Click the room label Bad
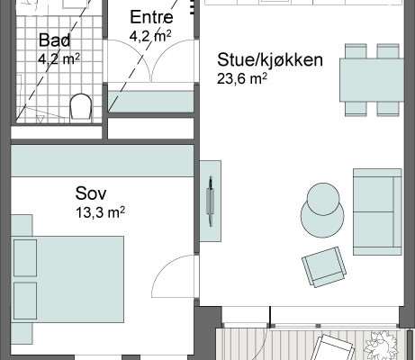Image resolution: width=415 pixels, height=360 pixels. pos(55,40)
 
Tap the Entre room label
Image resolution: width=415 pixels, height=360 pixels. pos(151,17)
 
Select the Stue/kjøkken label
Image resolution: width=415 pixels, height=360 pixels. pos(270,59)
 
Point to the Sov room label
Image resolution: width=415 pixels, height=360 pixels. pos(91,193)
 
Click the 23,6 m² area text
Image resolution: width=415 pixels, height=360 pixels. pos(242,79)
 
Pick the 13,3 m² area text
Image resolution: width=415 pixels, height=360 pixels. pos(100,212)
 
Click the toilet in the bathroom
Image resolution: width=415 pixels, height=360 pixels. pos(81,108)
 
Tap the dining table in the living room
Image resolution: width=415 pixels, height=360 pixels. pos(372,80)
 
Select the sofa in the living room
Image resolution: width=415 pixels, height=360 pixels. pos(377,211)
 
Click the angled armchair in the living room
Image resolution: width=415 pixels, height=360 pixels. pos(324,266)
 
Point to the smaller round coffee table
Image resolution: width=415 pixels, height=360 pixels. pos(324,199)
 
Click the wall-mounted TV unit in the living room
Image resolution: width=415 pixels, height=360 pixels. pos(211,201)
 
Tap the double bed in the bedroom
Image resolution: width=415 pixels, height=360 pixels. pos(68,279)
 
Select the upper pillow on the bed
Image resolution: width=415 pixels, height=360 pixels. pos(25,258)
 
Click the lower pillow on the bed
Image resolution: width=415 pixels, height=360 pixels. pos(25,301)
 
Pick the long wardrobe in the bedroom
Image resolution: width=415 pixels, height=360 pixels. pos(103,161)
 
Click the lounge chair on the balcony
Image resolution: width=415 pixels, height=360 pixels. pos(331,348)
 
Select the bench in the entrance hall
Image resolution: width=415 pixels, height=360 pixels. pos(151,102)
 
